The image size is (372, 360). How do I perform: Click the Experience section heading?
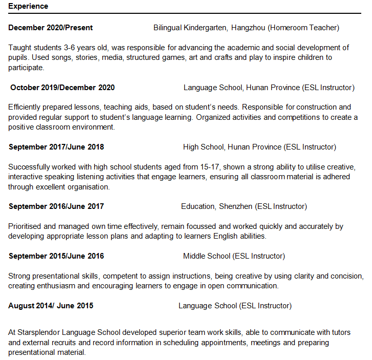(28, 6)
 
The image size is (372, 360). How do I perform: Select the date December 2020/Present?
(51, 28)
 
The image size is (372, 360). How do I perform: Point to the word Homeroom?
(289, 28)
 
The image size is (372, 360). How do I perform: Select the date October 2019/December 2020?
(62, 88)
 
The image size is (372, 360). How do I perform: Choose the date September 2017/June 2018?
(56, 147)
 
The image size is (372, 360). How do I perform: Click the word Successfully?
(30, 167)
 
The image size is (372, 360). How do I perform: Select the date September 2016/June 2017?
(56, 206)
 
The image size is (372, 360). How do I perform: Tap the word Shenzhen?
(235, 206)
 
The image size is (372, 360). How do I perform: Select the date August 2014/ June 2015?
(51, 306)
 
